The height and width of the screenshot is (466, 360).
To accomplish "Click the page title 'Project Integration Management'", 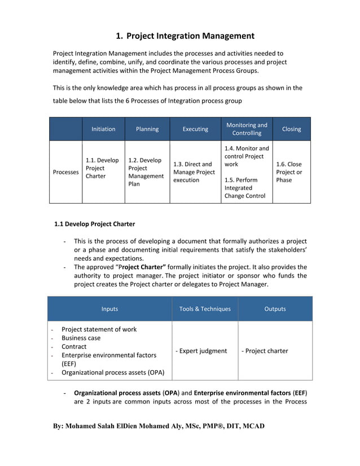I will tap(190, 36).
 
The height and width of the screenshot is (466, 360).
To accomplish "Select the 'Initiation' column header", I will tap(103, 129).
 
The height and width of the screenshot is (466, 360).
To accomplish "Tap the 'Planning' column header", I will tap(147, 129).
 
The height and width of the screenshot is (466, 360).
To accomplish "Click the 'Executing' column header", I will tap(195, 129).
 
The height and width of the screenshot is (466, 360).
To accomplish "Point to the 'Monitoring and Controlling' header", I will tap(247, 129).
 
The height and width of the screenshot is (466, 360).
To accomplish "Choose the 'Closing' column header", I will tap(291, 129).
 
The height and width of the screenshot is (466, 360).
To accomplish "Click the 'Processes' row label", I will tap(66, 172).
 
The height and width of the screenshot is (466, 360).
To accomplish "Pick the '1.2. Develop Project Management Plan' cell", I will tap(146, 172).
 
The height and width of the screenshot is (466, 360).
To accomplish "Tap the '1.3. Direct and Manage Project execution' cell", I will tap(194, 172).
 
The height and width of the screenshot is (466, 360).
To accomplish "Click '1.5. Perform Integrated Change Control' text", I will tap(244, 188).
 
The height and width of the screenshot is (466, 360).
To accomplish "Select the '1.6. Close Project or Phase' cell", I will tap(289, 172).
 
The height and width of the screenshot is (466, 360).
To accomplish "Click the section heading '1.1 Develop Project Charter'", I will tap(94, 224).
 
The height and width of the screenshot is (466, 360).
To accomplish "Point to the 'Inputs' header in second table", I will tap(109, 309).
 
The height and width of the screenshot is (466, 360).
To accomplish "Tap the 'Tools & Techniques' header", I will tap(205, 309).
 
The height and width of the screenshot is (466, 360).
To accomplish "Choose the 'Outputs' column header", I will tap(275, 309).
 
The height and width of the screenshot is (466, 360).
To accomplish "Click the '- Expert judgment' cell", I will tap(201, 351).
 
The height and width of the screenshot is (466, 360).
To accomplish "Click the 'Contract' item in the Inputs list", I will tap(74, 346).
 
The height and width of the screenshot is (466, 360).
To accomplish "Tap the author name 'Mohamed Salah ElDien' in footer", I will tap(113, 426).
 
